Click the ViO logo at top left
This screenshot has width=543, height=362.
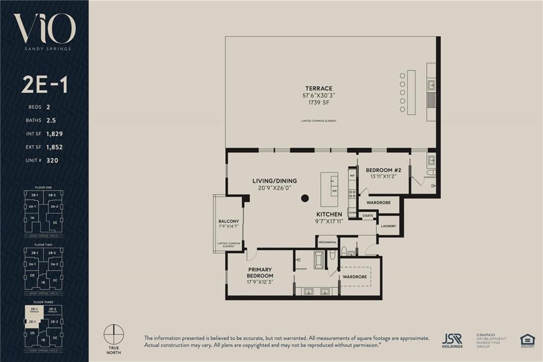[x=44, y=30]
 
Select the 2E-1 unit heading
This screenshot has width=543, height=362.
[x=44, y=85]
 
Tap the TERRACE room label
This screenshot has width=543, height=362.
[x=318, y=88]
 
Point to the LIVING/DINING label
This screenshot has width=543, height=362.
[x=274, y=181]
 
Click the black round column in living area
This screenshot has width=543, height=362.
[x=305, y=199]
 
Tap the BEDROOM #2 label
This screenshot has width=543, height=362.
[x=384, y=170]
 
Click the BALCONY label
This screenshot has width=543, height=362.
[x=229, y=221]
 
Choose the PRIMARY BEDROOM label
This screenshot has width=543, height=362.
[x=260, y=273]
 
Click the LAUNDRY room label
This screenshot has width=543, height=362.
[x=388, y=226]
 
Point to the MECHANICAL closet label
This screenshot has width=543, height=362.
[x=327, y=242]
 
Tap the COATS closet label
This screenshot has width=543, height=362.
[x=367, y=216]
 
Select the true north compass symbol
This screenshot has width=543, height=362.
[x=115, y=335]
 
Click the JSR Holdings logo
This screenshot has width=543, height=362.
[x=452, y=340]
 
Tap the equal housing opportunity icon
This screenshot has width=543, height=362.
[x=527, y=340]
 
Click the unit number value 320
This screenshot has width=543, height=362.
[x=52, y=160]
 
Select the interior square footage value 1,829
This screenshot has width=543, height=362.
[x=55, y=134]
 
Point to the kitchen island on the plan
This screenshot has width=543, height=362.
[x=329, y=191]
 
